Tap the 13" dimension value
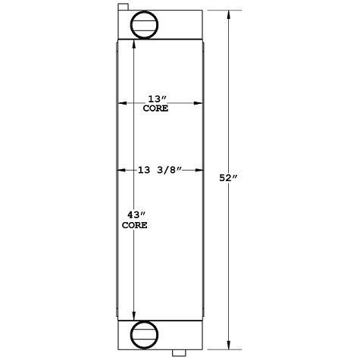(155, 99)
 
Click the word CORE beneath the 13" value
(155, 109)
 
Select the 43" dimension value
(134, 216)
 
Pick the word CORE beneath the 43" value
(134, 226)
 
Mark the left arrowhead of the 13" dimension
(121, 104)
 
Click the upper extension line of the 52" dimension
(223, 10)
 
